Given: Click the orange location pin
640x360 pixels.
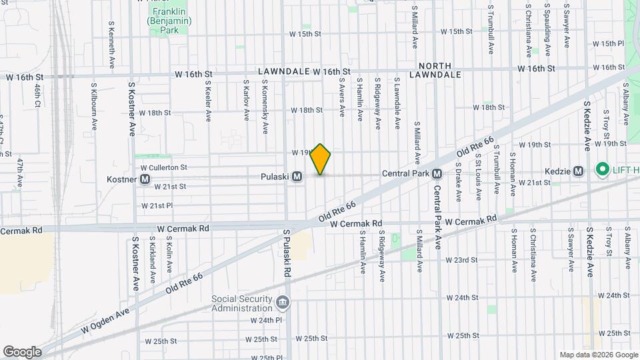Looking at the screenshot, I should pyautogui.click(x=321, y=159).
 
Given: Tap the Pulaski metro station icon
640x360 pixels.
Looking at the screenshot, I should pyautogui.click(x=297, y=177).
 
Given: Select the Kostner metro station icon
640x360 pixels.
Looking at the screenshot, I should pyautogui.click(x=145, y=179).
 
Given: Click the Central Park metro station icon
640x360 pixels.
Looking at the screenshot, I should pyautogui.click(x=437, y=173).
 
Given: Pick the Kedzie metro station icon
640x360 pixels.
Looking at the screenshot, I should pyautogui.click(x=579, y=171).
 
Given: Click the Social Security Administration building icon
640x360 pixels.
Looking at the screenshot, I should pyautogui.click(x=283, y=303).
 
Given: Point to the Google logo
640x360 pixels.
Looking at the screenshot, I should pyautogui.click(x=22, y=351).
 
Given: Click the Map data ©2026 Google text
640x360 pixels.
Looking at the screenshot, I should pyautogui.click(x=597, y=355).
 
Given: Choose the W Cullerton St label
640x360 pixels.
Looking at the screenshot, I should pyautogui.click(x=164, y=167).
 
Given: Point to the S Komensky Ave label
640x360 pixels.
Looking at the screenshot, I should pyautogui.click(x=265, y=101).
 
